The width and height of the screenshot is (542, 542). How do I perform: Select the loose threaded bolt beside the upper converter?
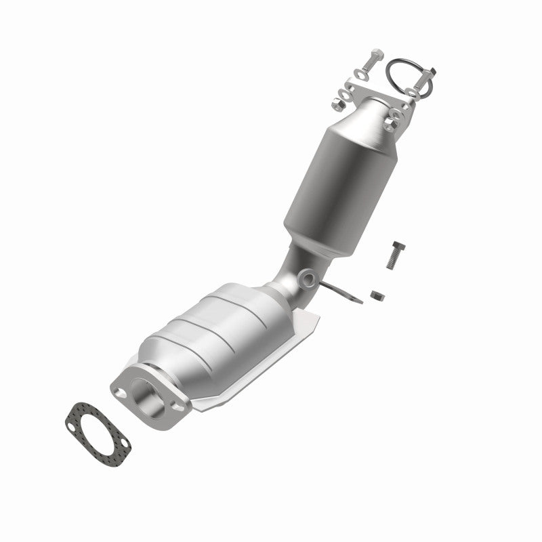(397, 255)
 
